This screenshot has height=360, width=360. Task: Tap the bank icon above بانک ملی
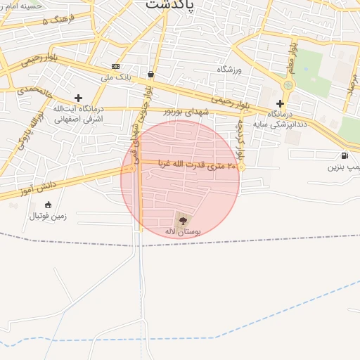115,66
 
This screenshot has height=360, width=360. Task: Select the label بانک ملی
117,76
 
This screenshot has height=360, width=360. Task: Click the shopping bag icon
150,74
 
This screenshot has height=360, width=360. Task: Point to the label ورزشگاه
230,69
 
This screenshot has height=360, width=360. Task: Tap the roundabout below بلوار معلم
287,86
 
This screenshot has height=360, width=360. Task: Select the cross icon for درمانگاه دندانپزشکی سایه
280,103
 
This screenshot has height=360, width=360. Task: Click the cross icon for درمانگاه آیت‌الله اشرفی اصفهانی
78,98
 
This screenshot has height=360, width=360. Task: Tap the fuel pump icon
344,156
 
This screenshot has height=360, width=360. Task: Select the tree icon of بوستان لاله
183,220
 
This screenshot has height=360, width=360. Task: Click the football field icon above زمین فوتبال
48,205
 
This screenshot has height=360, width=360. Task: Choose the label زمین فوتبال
47,216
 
